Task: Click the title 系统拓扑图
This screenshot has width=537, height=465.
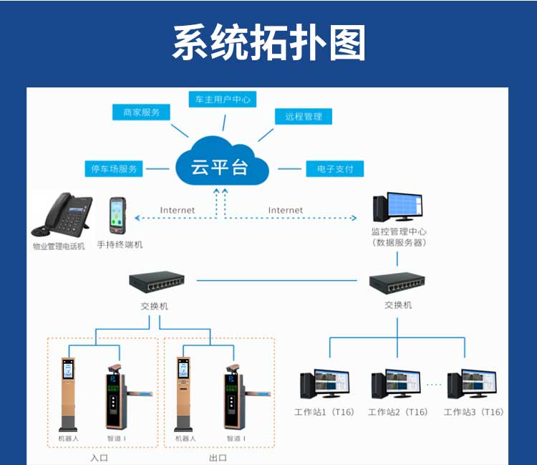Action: (268, 43)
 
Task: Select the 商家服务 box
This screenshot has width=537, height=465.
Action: (141, 112)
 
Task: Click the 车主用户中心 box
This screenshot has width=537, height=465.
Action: (222, 100)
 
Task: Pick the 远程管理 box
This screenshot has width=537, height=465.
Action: (304, 116)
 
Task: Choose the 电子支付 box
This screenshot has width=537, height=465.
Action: (334, 169)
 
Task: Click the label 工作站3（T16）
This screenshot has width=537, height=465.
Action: (473, 412)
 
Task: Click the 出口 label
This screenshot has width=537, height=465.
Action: (218, 456)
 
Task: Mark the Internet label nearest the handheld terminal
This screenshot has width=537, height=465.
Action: (178, 210)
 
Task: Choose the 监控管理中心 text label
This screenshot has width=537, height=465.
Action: (399, 231)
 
